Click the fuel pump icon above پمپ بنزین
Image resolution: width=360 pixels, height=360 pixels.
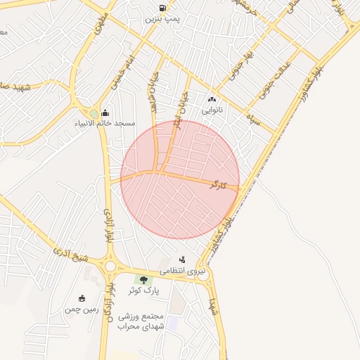click(163, 8)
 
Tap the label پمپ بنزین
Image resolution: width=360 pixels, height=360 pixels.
click(163, 19)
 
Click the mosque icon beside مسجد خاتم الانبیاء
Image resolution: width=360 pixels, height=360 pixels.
click(105, 112)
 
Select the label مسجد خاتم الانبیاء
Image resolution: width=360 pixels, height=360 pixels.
click(106, 123)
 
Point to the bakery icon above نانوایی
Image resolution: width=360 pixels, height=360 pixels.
click(212, 100)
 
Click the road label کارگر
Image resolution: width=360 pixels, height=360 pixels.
click(219, 185)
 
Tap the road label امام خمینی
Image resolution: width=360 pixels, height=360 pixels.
click(122, 72)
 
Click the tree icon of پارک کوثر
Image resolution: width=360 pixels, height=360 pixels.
click(144, 280)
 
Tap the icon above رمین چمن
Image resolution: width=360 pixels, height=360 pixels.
click(82, 298)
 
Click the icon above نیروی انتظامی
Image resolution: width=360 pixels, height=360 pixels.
click(183, 259)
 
